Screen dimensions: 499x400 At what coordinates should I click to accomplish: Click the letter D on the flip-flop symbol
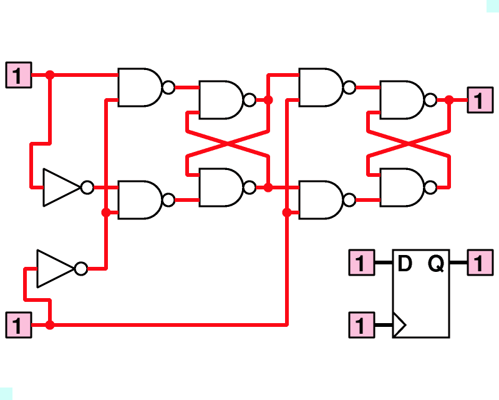pyautogui.click(x=405, y=264)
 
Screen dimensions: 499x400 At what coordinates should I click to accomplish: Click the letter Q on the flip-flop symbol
pyautogui.click(x=435, y=264)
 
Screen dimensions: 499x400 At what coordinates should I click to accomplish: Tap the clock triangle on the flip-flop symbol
pyautogui.click(x=399, y=325)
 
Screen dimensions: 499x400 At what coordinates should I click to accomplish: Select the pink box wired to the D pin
pyautogui.click(x=362, y=262)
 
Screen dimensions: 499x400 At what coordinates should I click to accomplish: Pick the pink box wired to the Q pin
pyautogui.click(x=480, y=262)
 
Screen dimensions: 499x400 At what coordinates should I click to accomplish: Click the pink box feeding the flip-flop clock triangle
pyautogui.click(x=362, y=325)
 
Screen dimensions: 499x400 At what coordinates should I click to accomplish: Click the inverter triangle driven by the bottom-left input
pyautogui.click(x=56, y=269)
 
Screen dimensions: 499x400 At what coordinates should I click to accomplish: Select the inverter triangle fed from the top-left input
pyautogui.click(x=62, y=187)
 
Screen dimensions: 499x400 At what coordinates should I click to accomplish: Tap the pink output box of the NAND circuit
pyautogui.click(x=480, y=100)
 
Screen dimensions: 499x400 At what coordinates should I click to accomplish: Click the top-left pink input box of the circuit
pyautogui.click(x=19, y=75)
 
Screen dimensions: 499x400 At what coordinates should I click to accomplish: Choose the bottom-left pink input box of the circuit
pyautogui.click(x=19, y=325)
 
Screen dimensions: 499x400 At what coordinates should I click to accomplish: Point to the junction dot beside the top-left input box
pyautogui.click(x=50, y=75)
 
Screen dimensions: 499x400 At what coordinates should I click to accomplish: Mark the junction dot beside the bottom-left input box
pyautogui.click(x=50, y=325)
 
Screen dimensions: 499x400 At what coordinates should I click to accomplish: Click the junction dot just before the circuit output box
pyautogui.click(x=449, y=100)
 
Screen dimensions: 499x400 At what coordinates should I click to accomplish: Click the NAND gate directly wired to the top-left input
pyautogui.click(x=146, y=87)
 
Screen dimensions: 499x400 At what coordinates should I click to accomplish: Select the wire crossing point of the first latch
pyautogui.click(x=228, y=144)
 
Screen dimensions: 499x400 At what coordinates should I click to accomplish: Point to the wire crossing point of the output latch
pyautogui.click(x=409, y=144)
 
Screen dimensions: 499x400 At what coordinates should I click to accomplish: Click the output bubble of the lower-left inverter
pyautogui.click(x=81, y=269)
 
